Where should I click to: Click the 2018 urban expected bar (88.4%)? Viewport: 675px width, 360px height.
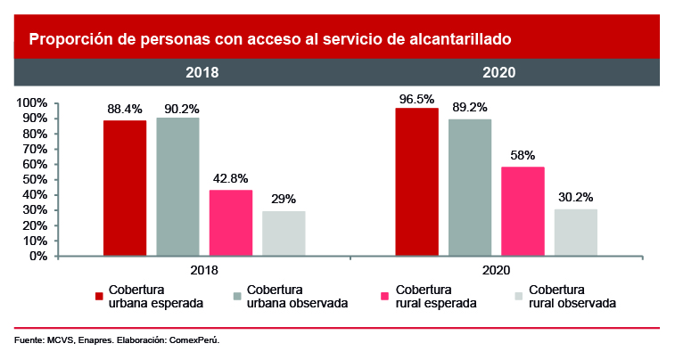[125, 188]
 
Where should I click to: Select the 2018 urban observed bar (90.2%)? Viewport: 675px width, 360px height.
[177, 186]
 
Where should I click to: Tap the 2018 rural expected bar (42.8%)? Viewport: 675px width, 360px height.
[231, 223]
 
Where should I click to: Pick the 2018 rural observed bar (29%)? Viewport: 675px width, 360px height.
[284, 233]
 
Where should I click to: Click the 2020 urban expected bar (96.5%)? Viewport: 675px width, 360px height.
[416, 182]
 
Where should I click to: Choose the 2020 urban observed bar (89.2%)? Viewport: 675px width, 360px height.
[470, 187]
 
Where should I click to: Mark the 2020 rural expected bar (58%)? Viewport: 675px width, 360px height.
[523, 211]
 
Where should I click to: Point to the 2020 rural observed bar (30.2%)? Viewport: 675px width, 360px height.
[576, 233]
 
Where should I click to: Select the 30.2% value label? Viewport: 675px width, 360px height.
[576, 196]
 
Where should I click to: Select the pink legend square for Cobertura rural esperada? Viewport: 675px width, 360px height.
[384, 296]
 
